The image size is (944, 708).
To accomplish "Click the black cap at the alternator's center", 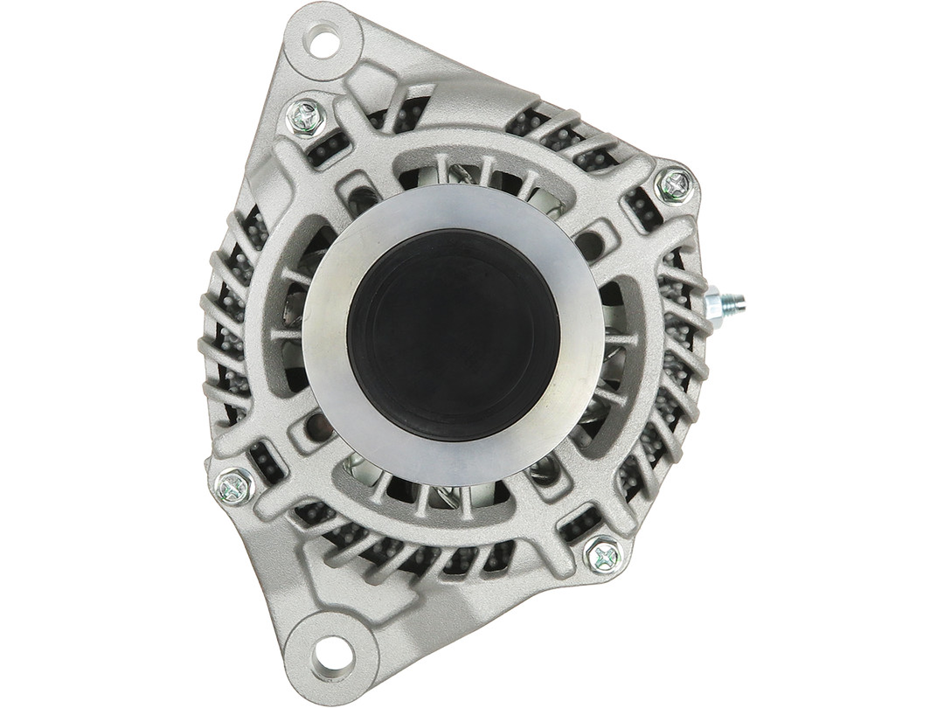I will tap(453, 336).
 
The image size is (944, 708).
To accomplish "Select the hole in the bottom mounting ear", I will tap(330, 650).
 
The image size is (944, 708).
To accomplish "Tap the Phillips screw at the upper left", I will tap(306, 116).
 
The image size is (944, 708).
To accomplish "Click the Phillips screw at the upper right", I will tap(675, 184).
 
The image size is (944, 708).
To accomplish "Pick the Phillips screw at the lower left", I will tap(234, 485).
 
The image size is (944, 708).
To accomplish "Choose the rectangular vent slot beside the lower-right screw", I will tap(577, 524).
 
